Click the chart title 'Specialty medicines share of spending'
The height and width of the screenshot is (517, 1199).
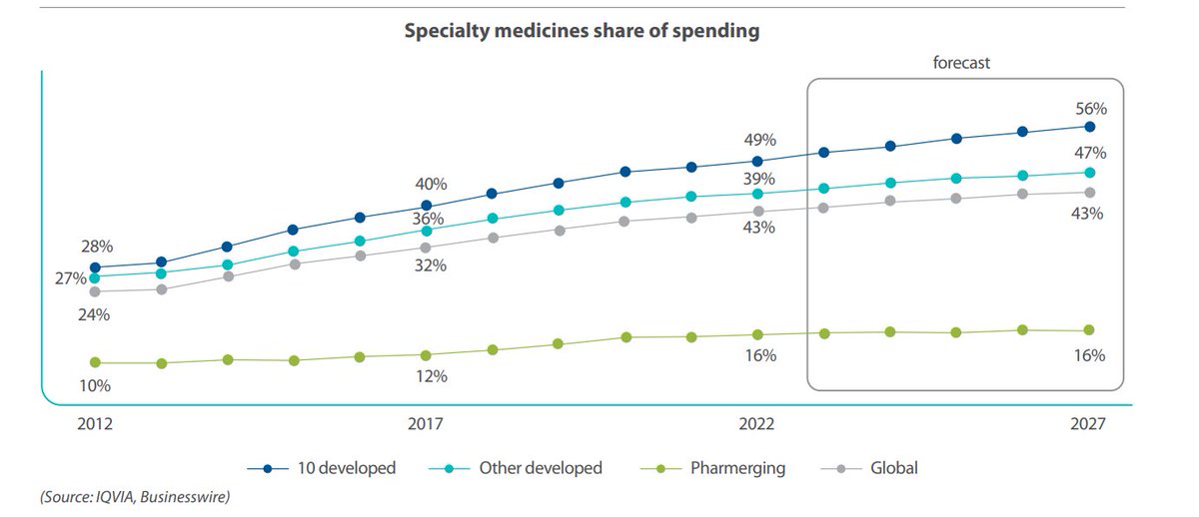pyautogui.click(x=582, y=31)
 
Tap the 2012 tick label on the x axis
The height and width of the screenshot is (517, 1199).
pyautogui.click(x=95, y=424)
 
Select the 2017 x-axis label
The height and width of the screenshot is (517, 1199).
pyautogui.click(x=427, y=424)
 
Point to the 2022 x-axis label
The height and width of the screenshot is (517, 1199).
pyautogui.click(x=757, y=424)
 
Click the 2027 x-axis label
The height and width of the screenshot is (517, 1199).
pyautogui.click(x=1087, y=424)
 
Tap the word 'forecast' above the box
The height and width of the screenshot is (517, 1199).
pyautogui.click(x=961, y=63)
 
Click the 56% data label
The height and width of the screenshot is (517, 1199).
pyautogui.click(x=1090, y=108)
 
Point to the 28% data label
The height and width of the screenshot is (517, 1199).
pyautogui.click(x=97, y=247)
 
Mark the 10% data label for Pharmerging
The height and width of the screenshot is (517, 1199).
pyautogui.click(x=95, y=385)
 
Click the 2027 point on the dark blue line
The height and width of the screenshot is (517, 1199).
pyautogui.click(x=1089, y=127)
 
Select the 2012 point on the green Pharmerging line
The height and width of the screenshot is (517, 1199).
pyautogui.click(x=95, y=362)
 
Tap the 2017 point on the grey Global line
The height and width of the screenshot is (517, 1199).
pyautogui.click(x=426, y=248)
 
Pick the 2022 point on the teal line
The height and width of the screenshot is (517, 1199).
pyautogui.click(x=757, y=194)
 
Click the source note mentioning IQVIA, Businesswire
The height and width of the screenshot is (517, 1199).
pyautogui.click(x=120, y=496)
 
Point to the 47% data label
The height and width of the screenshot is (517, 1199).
pyautogui.click(x=1090, y=153)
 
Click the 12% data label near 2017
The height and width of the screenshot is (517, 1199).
pyautogui.click(x=432, y=377)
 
